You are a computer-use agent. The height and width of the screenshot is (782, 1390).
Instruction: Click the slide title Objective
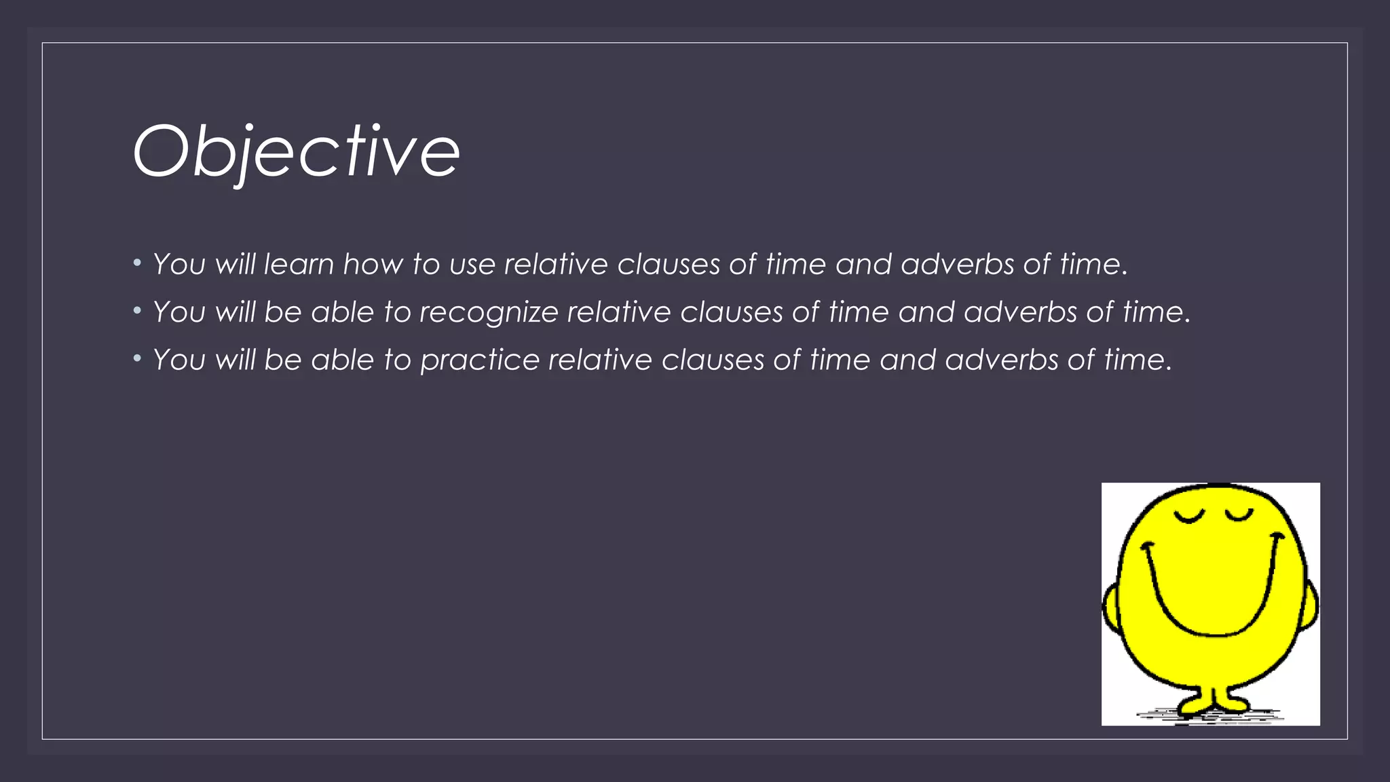coord(297,151)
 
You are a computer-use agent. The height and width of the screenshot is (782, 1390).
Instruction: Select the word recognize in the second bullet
coord(489,312)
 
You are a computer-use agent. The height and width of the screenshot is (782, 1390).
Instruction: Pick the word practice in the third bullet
coord(480,360)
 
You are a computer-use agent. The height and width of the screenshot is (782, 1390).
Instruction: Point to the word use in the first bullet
coord(472,264)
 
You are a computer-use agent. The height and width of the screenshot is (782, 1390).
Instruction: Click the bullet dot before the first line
coord(137,263)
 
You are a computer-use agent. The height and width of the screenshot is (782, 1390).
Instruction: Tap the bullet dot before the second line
coord(137,311)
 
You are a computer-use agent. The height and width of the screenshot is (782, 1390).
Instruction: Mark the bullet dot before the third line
coord(137,358)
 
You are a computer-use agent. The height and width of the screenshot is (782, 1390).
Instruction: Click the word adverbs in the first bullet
coord(957,264)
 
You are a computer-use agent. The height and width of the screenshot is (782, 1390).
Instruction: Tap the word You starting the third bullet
coord(179,360)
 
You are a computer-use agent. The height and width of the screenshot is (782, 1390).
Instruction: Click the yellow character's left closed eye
coord(1188,518)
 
